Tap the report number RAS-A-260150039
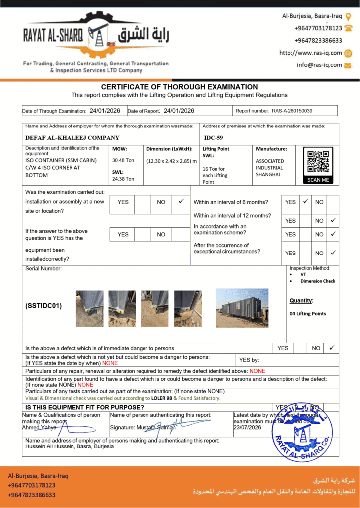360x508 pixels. [292, 111]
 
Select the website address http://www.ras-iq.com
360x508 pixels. [310, 53]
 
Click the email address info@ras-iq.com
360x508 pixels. [319, 65]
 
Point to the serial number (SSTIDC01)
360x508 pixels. [44, 306]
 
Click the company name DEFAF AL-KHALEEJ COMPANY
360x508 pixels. [72, 138]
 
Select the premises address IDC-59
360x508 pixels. [214, 138]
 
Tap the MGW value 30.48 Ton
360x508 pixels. [123, 160]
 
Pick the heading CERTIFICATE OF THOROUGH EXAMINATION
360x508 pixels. [179, 87]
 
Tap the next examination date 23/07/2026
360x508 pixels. [247, 427]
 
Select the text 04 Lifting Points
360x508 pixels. [308, 314]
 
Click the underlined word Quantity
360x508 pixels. [301, 300]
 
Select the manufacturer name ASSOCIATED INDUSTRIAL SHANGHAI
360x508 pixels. [270, 168]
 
